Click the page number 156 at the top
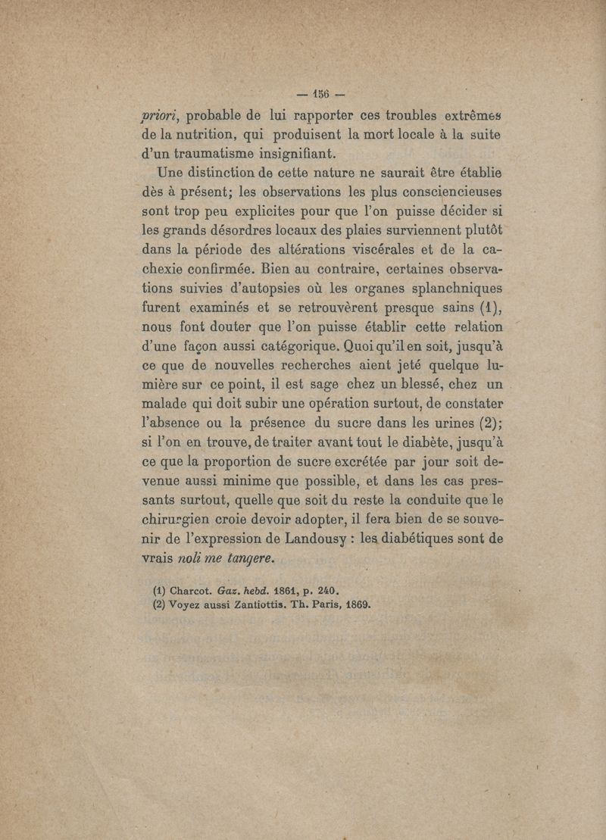[317, 95]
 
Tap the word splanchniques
[447, 289]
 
